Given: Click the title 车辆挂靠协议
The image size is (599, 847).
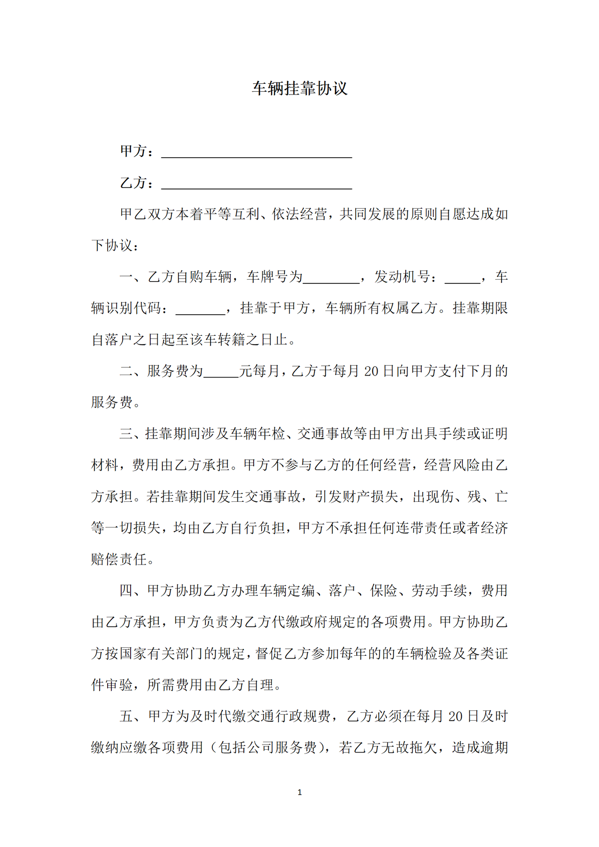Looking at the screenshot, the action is [x=299, y=88].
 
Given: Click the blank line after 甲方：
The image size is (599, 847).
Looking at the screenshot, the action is [x=256, y=153].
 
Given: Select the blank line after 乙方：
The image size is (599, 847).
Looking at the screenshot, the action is [x=256, y=184].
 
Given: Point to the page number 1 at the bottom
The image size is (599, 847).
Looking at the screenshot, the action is [x=299, y=792].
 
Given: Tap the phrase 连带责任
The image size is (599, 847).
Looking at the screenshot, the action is [x=424, y=528].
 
